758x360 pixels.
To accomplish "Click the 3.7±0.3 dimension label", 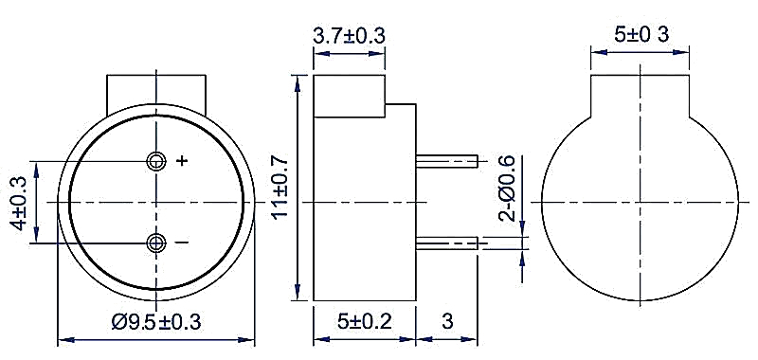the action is pos(349,36).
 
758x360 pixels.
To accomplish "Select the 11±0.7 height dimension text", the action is pos(280,188).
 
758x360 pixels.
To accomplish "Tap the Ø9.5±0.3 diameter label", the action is pos(156,321).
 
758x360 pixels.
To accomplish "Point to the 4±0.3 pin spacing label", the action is pos(19,203).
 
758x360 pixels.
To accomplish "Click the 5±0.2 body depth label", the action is pos(365,321).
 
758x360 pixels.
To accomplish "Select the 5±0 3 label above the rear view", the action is pos(641,34).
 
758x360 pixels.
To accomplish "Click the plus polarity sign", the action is pos(182,161).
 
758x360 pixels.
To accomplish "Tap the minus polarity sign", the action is pos(182,242).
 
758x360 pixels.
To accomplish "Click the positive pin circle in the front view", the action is pos(156,161).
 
